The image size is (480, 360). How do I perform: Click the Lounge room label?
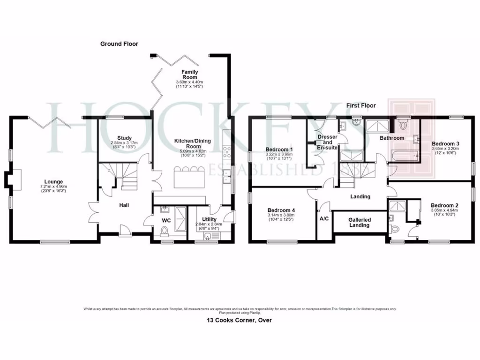coord(53,182)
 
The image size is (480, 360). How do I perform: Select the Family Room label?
coord(190,74)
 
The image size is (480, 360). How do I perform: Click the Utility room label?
coord(210,219)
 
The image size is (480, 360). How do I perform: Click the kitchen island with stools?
coord(190,179)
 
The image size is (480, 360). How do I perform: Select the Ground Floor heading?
coord(119,44)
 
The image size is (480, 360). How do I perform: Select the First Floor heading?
coord(361,106)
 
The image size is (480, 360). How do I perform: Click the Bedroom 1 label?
coord(279,150)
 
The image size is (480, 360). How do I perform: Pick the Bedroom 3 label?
coord(445,143)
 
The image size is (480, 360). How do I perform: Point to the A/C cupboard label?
coord(324,219)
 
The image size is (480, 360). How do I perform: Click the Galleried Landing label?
coord(360,222)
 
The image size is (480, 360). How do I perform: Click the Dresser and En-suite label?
coord(328,142)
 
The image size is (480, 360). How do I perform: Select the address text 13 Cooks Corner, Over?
coord(240,321)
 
